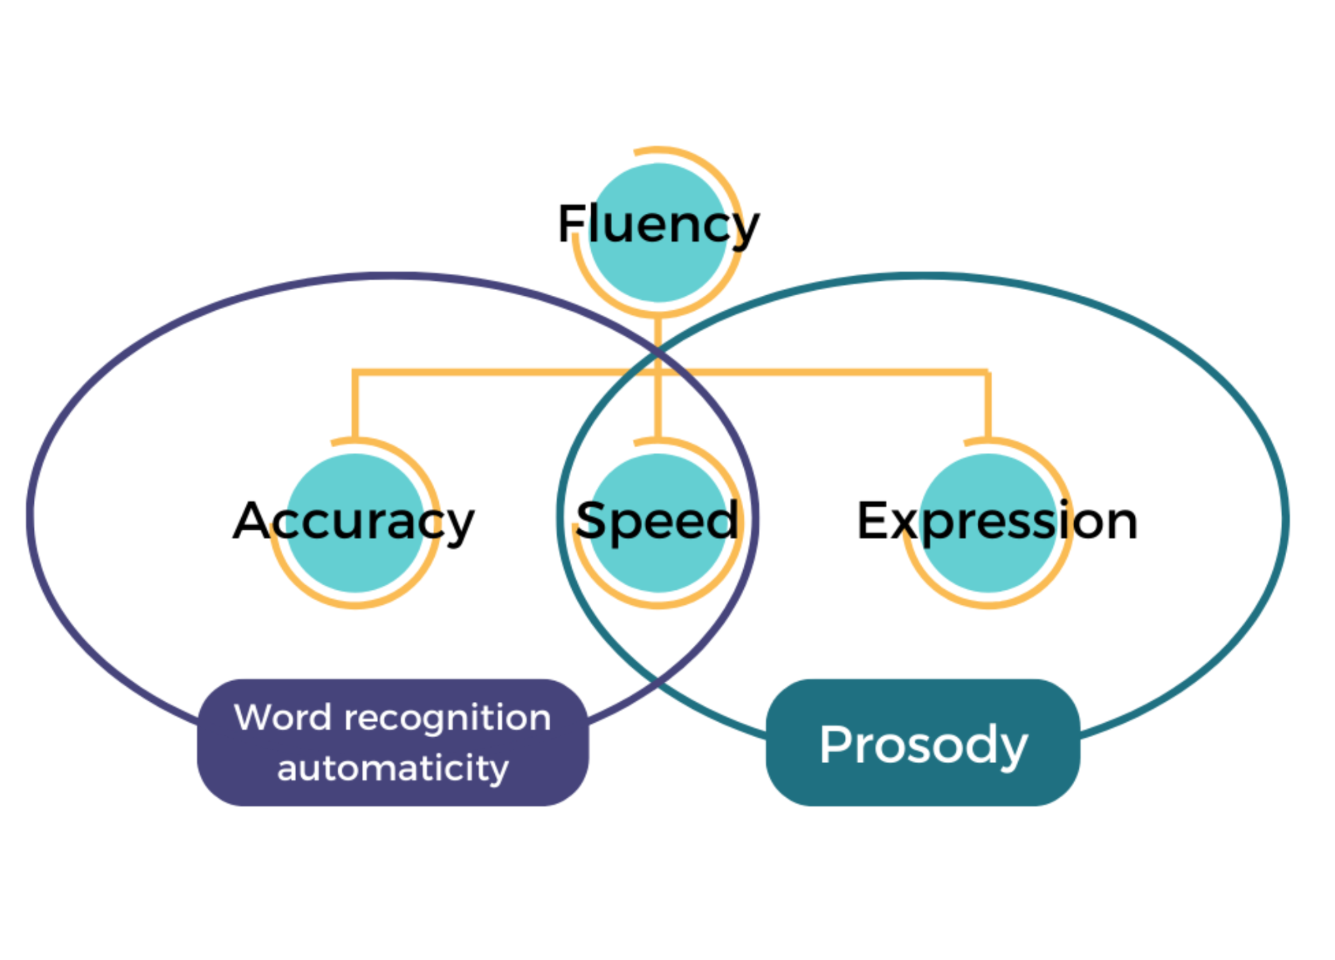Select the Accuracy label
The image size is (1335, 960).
pyautogui.click(x=354, y=521)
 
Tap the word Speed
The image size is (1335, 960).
pyautogui.click(x=657, y=521)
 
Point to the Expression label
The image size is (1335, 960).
pyautogui.click(x=997, y=521)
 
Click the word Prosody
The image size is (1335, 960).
pyautogui.click(x=923, y=745)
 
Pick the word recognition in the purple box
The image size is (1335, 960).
pyautogui.click(x=447, y=718)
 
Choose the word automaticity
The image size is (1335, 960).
pyautogui.click(x=393, y=768)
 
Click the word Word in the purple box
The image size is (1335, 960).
pyautogui.click(x=283, y=718)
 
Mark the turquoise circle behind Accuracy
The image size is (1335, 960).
pyautogui.click(x=355, y=567)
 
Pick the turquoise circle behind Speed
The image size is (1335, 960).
pyautogui.click(x=658, y=567)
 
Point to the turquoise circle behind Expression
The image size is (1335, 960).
pyautogui.click(x=989, y=567)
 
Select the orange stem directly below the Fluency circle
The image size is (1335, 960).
pyautogui.click(x=658, y=332)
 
